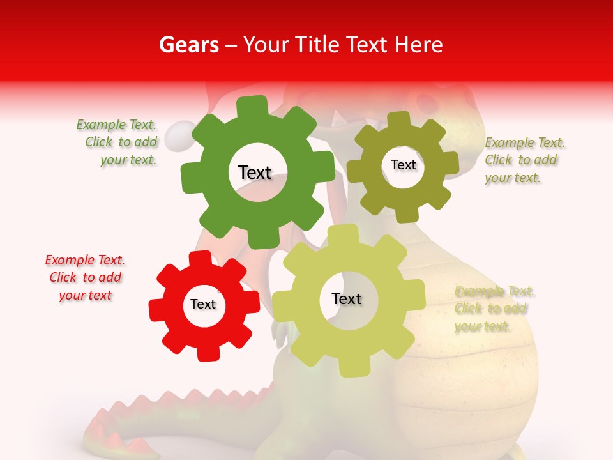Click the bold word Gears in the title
[x=188, y=45]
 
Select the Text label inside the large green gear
[x=255, y=172]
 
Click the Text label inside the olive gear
[x=403, y=165]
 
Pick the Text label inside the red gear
[x=203, y=304]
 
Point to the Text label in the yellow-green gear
[x=347, y=298]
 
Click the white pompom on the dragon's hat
[x=176, y=135]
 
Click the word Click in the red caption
[x=63, y=277]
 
